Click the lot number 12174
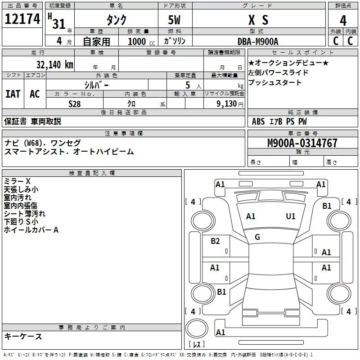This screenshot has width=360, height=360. tap(22, 19)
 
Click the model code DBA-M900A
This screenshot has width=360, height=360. tap(258, 41)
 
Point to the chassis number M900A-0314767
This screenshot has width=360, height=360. tap(302, 144)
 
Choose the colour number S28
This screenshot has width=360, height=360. tap(75, 103)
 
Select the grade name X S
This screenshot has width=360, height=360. tap(258, 20)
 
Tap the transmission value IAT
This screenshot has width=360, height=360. tap(13, 94)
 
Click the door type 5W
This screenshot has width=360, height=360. tap(175, 20)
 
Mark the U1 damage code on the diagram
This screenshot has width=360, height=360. tap(291, 216)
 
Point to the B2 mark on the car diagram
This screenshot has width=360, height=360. tap(216, 241)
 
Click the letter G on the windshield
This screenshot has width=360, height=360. tap(257, 237)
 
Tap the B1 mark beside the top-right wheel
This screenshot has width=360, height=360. tap(327, 206)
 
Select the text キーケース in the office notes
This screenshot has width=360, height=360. tap(23, 337)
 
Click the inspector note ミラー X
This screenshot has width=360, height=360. tap(17, 181)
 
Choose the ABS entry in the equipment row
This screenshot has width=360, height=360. tap(258, 121)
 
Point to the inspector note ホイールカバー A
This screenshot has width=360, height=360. tap(31, 230)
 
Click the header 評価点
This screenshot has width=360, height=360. tap(343, 6)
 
